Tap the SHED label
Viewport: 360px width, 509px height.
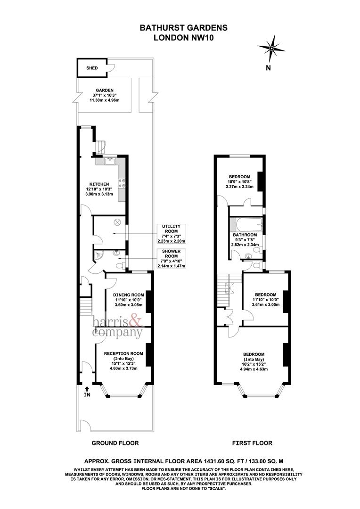[92, 68]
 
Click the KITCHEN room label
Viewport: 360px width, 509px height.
[99, 184]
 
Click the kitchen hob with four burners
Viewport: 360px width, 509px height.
[121, 182]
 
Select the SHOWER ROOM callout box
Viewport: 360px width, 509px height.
[171, 258]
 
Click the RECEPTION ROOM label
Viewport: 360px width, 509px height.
[123, 353]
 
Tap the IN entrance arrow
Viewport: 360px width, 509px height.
[87, 391]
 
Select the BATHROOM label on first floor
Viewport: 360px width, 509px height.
[244, 235]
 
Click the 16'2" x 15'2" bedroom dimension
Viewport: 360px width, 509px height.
[254, 364]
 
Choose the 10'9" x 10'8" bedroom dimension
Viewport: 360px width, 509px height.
[240, 181]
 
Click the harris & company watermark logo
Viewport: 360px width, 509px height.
[117, 327]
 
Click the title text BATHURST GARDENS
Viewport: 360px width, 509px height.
[183, 28]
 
